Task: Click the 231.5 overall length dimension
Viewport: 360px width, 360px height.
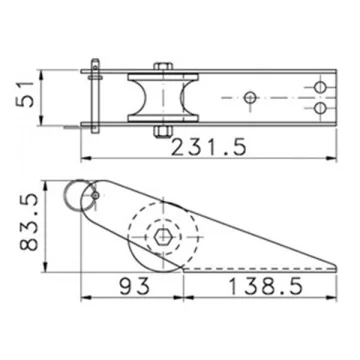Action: point(209,147)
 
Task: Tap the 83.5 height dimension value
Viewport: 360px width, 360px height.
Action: point(28,223)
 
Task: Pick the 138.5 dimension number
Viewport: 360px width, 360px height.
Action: point(266,286)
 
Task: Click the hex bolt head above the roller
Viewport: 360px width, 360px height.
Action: point(163,66)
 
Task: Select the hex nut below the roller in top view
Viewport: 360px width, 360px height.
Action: point(163,131)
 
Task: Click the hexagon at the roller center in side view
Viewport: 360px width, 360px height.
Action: point(163,237)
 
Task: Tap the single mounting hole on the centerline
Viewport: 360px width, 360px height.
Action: point(250,98)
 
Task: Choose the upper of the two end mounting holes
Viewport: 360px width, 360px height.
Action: point(320,87)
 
